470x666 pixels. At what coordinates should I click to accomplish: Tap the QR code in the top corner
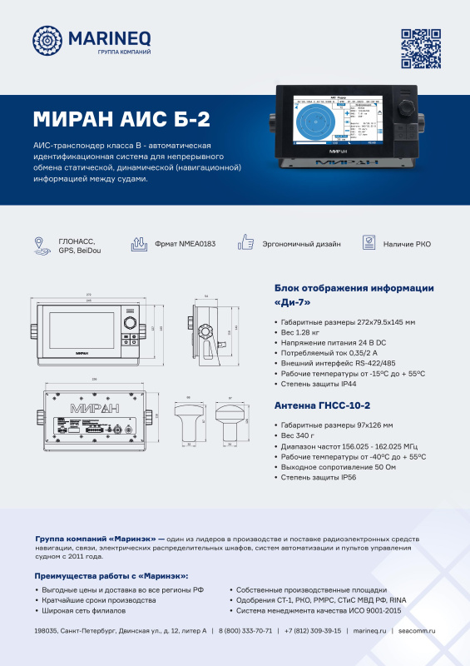click(420, 47)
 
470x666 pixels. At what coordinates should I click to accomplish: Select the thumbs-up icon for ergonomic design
click(245, 243)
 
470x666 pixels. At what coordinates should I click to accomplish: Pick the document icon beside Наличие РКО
click(369, 243)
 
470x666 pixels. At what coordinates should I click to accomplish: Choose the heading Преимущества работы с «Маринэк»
click(111, 575)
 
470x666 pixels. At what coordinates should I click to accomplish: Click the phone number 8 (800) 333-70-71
click(245, 631)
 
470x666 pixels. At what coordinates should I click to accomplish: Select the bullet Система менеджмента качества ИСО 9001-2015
click(319, 610)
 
